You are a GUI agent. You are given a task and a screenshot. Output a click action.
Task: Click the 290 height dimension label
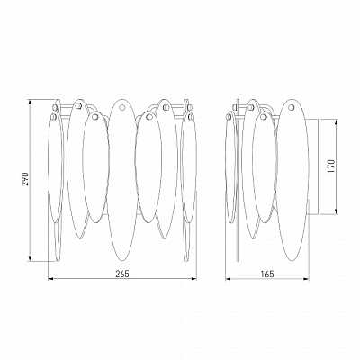(x=26, y=179)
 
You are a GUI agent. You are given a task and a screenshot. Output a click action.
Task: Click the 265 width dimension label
(x=122, y=274)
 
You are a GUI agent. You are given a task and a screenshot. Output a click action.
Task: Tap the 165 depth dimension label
(x=267, y=274)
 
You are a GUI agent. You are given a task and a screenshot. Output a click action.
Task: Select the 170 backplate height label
(x=331, y=166)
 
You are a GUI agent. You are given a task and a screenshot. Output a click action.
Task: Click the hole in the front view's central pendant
(x=122, y=107)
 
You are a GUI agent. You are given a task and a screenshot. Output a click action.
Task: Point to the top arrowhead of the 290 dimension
(x=30, y=103)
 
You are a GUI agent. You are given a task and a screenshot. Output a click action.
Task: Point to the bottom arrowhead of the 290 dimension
(x=30, y=258)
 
